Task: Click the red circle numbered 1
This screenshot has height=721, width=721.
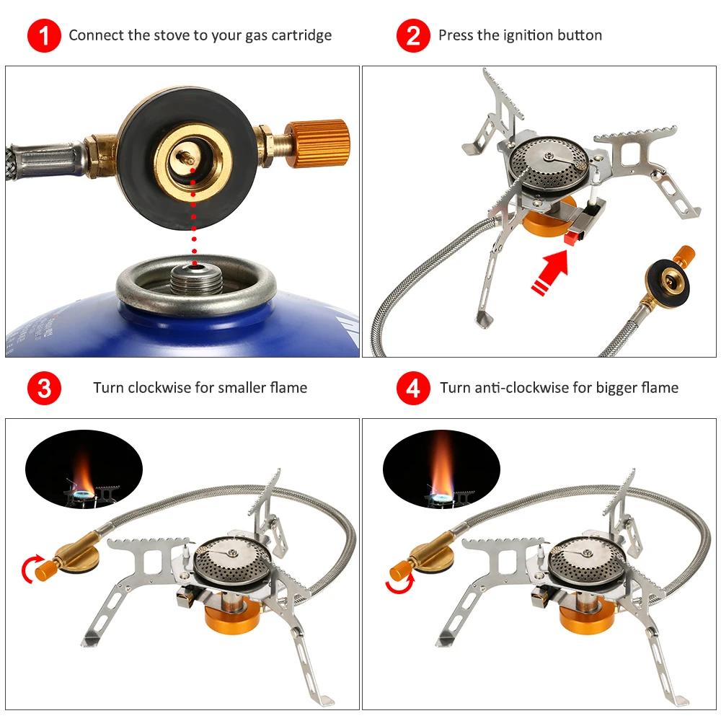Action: click(44, 35)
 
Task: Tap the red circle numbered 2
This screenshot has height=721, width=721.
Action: click(413, 35)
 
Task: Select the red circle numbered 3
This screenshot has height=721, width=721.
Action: click(44, 388)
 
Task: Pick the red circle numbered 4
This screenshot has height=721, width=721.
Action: click(413, 388)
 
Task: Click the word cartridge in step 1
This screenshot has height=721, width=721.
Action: click(301, 36)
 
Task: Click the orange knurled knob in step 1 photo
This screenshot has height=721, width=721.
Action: click(317, 143)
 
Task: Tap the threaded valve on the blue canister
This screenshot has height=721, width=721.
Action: click(195, 279)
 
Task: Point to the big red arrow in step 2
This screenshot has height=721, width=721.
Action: click(549, 273)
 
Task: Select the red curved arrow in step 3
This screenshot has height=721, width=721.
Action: click(30, 569)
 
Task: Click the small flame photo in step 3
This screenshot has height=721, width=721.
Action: click(84, 469)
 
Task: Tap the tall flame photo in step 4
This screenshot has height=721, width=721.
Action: click(441, 469)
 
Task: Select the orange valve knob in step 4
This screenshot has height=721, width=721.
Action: click(400, 570)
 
